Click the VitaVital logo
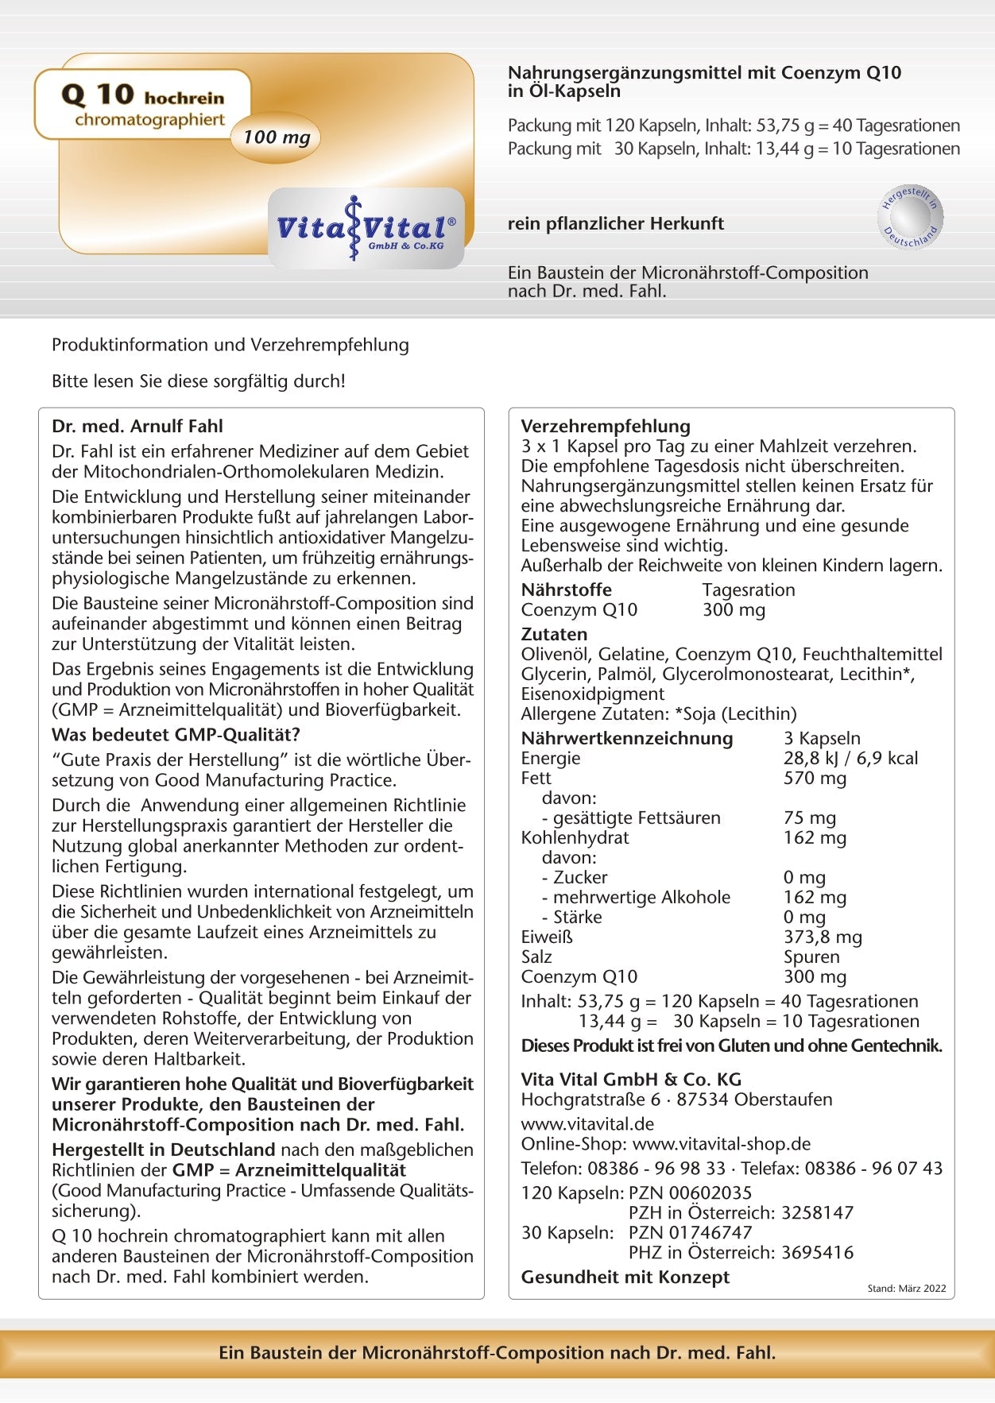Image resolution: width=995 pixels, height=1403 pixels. pyautogui.click(x=366, y=228)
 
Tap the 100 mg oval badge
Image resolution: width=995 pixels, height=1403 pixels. pyautogui.click(x=276, y=137)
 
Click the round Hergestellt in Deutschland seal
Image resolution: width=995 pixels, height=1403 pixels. pyautogui.click(x=911, y=216)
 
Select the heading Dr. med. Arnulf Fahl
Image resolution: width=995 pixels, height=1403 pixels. pyautogui.click(x=137, y=426)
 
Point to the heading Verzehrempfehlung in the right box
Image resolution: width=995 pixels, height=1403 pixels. pyautogui.click(x=606, y=426)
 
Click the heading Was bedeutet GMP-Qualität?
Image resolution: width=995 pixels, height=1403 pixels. pyautogui.click(x=176, y=734)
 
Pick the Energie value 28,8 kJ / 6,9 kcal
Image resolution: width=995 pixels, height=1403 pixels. pyautogui.click(x=850, y=758)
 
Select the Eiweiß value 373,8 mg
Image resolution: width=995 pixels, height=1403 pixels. pyautogui.click(x=823, y=937)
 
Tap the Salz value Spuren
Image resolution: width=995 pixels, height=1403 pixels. pyautogui.click(x=811, y=957)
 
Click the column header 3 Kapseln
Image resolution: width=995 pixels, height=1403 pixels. pyautogui.click(x=822, y=738)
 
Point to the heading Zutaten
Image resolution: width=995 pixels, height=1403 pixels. pyautogui.click(x=554, y=634)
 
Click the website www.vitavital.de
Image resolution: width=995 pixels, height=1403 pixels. pyautogui.click(x=587, y=1123)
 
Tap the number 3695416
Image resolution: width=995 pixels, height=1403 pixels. pyautogui.click(x=817, y=1252)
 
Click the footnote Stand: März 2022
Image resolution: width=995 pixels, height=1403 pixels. pyautogui.click(x=906, y=1289)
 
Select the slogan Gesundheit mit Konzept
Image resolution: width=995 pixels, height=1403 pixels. pyautogui.click(x=625, y=1277)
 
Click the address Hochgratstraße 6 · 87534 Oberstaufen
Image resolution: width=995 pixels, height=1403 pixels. pyautogui.click(x=676, y=1100)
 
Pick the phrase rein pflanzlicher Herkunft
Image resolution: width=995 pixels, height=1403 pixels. pyautogui.click(x=615, y=223)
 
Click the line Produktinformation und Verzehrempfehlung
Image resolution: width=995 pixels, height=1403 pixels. pyautogui.click(x=230, y=345)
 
